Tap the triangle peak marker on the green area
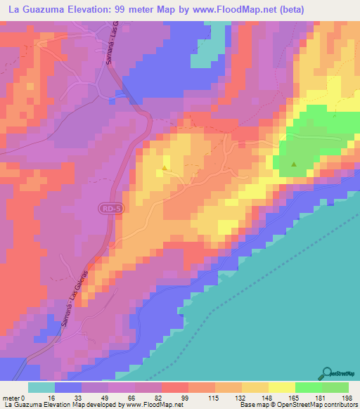click(294, 165)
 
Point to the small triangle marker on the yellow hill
click(165, 168)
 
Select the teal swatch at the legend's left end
click(41, 387)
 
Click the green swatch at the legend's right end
click(335, 387)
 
